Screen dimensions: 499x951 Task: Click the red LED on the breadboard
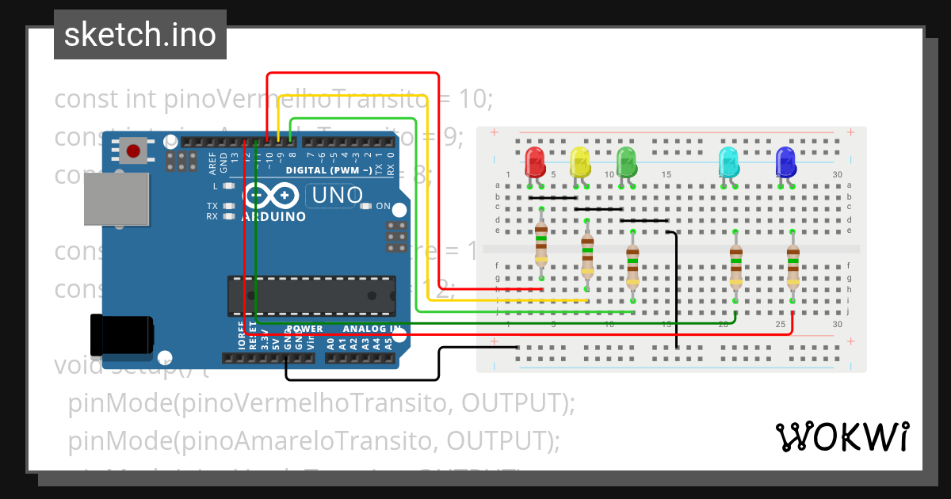tap(535, 162)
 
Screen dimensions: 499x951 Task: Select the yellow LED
tap(580, 162)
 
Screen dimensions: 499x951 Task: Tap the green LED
tap(626, 162)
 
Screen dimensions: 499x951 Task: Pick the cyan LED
tap(728, 162)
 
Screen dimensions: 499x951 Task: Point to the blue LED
tap(785, 162)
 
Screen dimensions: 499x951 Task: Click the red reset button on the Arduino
tap(133, 150)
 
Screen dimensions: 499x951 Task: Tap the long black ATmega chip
tap(311, 295)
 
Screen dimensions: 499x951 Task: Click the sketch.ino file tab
tap(140, 35)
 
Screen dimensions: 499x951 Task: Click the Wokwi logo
tap(842, 436)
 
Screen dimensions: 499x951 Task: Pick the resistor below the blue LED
tap(792, 265)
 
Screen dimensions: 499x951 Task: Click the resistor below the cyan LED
tap(735, 265)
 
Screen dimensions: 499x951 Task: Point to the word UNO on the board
tap(337, 195)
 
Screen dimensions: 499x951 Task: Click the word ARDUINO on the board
tap(274, 216)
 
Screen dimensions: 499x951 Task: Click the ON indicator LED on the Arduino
tap(365, 206)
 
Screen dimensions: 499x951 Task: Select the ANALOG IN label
tap(372, 329)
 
